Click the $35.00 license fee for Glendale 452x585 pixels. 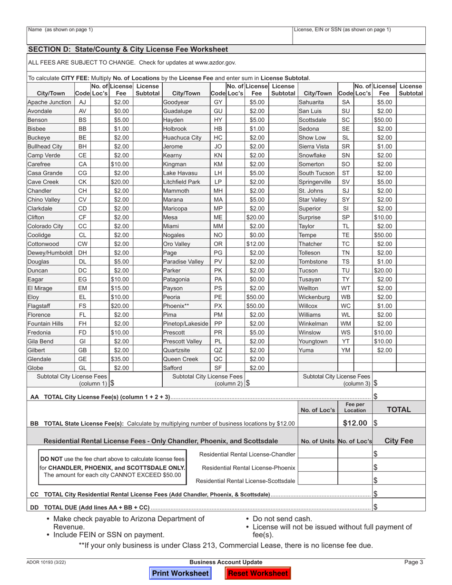(120, 320)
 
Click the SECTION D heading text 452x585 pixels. (128, 49)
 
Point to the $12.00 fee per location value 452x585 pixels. (355, 423)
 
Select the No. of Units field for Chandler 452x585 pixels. (317, 455)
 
